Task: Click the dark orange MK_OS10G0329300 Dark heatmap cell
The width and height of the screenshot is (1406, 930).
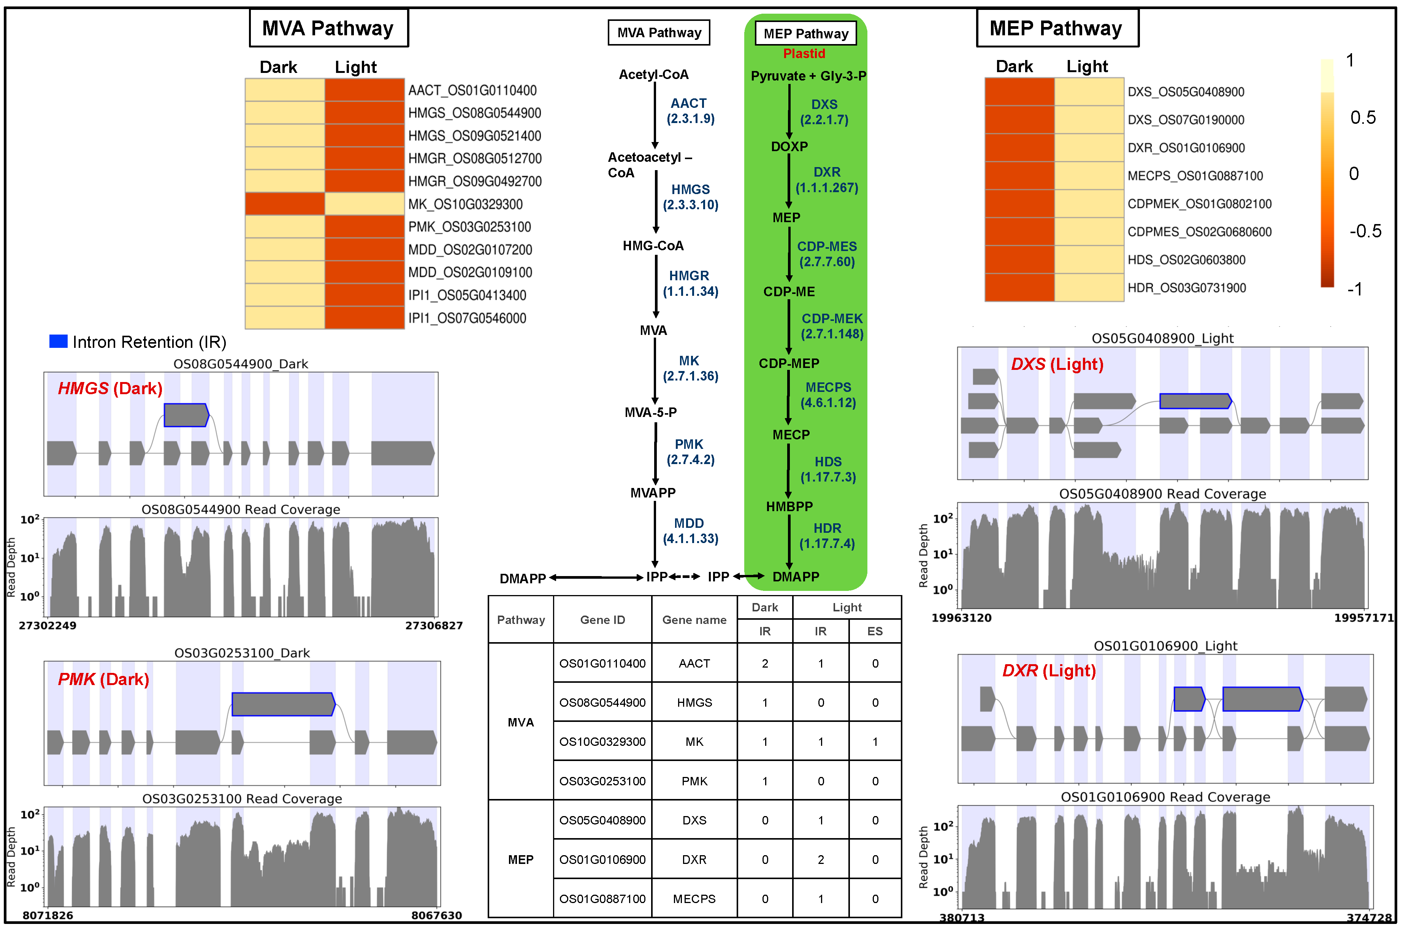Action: point(284,204)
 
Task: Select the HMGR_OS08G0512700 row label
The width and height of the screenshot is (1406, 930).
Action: point(474,158)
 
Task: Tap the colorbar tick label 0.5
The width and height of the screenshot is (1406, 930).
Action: point(1363,117)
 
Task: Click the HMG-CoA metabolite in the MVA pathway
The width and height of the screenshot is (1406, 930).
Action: point(653,246)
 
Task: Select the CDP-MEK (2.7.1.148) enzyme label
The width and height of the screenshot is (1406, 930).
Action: point(832,326)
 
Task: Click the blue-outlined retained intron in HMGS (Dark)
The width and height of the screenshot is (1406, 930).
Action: point(186,415)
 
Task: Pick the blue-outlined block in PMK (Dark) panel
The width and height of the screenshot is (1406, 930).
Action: point(283,704)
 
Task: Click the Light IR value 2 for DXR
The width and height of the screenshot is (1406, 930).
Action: point(820,859)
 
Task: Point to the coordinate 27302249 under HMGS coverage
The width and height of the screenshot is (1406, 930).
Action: point(48,626)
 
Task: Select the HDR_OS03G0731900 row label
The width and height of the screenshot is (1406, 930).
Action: point(1186,288)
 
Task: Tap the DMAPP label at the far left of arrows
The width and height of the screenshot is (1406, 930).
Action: point(522,578)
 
